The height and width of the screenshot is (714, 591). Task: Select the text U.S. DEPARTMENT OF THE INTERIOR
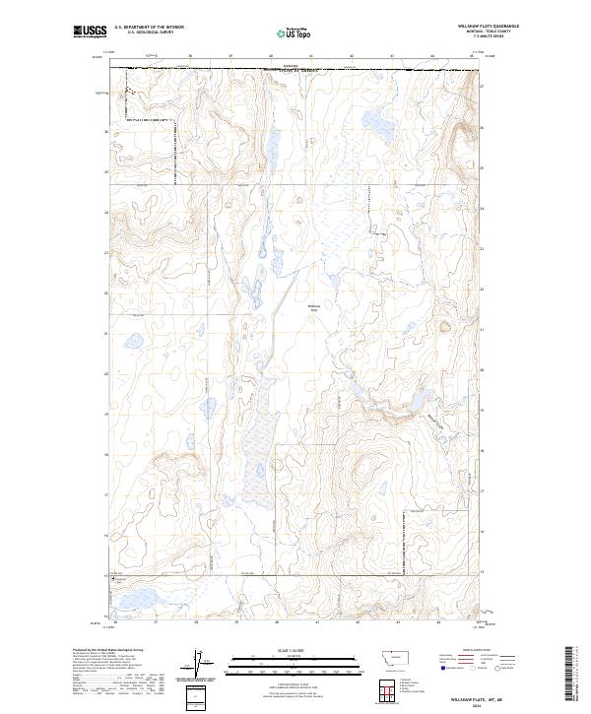(149, 27)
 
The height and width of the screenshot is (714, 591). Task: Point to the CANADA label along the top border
(289, 66)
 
